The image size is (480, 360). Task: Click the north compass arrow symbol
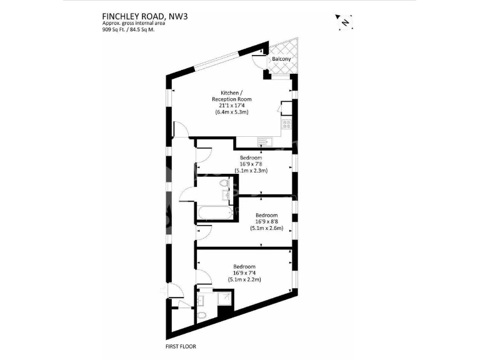pos(344,22)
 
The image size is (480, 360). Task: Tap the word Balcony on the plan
pos(281,59)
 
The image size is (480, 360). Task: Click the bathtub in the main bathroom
pos(214,212)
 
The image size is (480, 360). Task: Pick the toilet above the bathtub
pos(224,184)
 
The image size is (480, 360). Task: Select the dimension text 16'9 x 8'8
pos(266,221)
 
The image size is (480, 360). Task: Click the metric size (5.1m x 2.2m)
pos(244,279)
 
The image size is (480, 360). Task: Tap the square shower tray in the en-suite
pos(223,301)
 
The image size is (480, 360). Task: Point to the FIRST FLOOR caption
pos(181,346)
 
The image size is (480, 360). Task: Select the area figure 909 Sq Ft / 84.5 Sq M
pos(129,30)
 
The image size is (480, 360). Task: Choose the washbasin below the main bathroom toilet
pos(224,196)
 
